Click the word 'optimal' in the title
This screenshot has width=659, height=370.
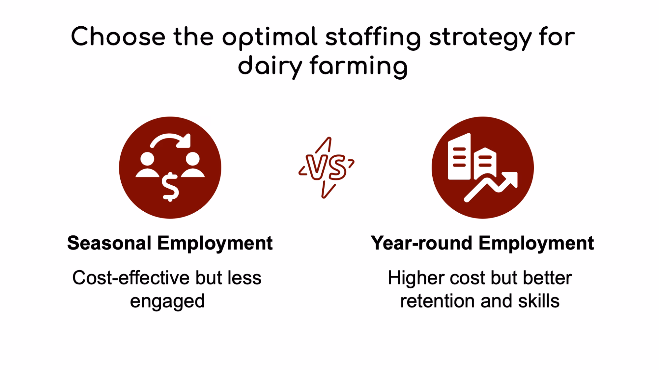click(270, 38)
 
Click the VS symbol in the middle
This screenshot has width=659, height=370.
click(326, 168)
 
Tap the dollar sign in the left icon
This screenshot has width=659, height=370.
click(170, 187)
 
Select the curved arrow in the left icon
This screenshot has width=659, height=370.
click(171, 141)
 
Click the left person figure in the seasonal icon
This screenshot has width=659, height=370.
click(147, 165)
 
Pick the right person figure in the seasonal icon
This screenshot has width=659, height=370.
click(193, 165)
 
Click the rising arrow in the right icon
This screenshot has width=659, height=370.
click(491, 187)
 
